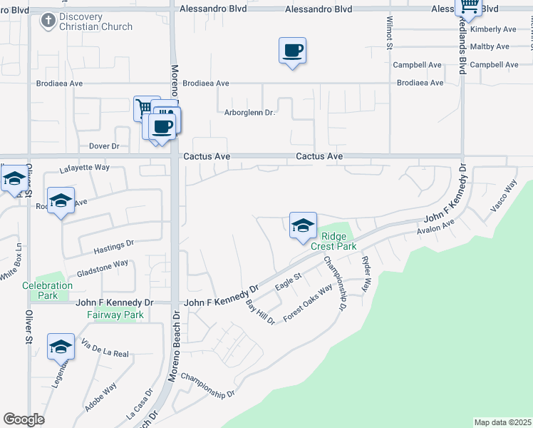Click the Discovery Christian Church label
click(x=95, y=22)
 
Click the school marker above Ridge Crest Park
click(x=303, y=226)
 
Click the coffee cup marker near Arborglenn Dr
click(x=292, y=51)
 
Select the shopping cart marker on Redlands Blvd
click(x=468, y=6)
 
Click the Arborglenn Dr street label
click(x=249, y=113)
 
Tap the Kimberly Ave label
click(x=493, y=29)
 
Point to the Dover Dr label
click(x=104, y=146)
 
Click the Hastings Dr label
click(x=114, y=247)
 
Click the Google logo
click(x=24, y=419)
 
